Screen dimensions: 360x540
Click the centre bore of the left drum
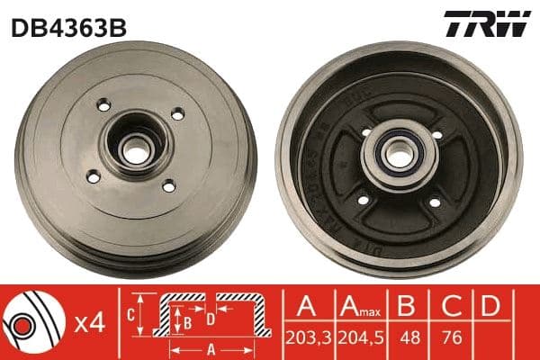pyautogui.click(x=136, y=151)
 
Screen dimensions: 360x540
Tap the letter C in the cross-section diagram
pyautogui.click(x=130, y=315)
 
